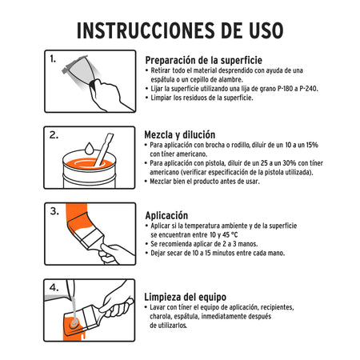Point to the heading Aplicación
coord(166,215)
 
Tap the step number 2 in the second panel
coord(54,135)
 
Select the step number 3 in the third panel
coord(54,211)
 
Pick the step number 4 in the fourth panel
coord(54,286)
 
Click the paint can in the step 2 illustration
coord(90,172)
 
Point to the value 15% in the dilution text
coord(307,145)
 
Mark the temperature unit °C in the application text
coord(237,236)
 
